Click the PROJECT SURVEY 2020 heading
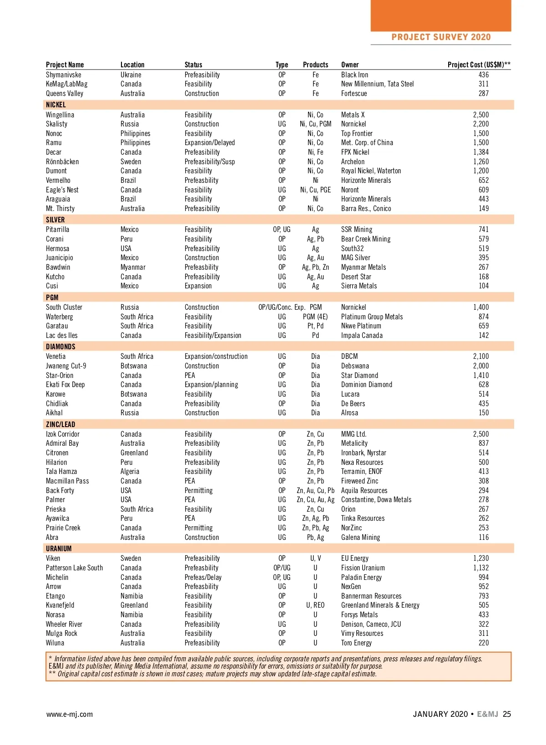tap(440, 37)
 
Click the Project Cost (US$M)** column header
tap(479, 65)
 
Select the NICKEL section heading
tap(56, 105)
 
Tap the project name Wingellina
tap(60, 115)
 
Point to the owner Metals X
tap(353, 115)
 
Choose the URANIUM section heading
tap(59, 549)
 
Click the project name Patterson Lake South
tap(74, 568)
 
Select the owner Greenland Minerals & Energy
tap(380, 605)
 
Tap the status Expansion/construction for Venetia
tap(216, 356)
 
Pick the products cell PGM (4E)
tap(315, 317)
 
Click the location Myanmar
tap(133, 267)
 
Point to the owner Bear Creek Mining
tap(365, 239)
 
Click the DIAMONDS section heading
tap(61, 347)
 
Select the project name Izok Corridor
tap(62, 434)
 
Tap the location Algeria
tap(130, 471)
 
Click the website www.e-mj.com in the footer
tap(69, 714)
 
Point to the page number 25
tap(507, 714)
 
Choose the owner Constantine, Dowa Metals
tap(376, 499)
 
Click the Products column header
tap(315, 65)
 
